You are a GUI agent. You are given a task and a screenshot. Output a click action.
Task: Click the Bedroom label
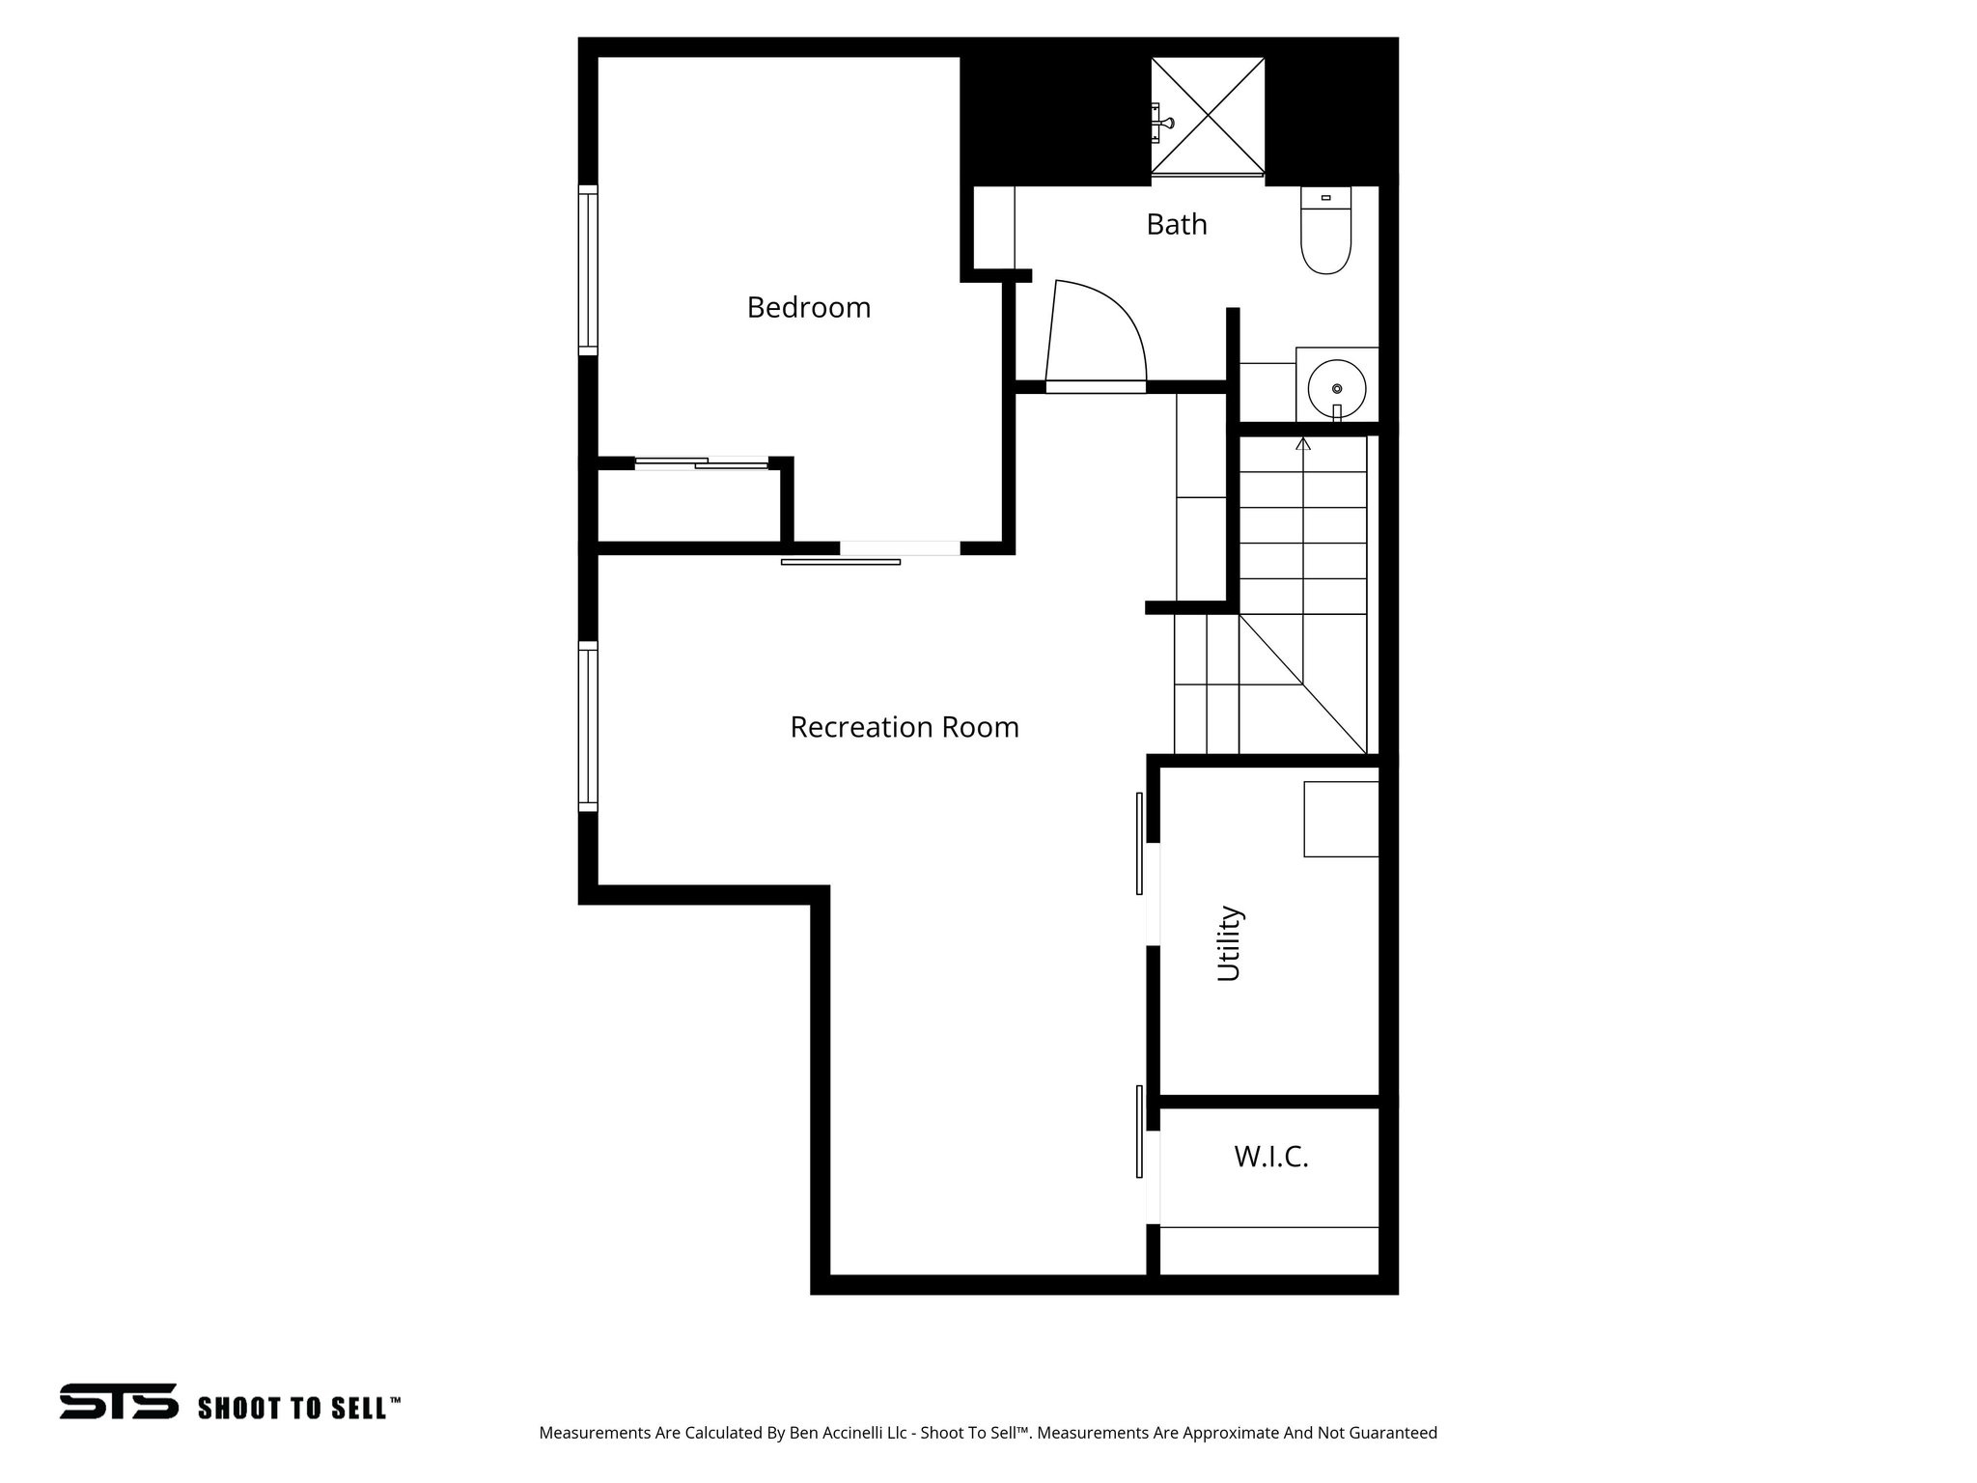point(809,308)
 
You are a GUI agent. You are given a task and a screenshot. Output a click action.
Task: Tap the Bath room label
point(1177,224)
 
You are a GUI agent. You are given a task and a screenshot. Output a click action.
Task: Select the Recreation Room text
point(905,727)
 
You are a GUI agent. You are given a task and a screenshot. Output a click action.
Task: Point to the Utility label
point(1228,943)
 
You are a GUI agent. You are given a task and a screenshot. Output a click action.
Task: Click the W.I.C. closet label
point(1270,1157)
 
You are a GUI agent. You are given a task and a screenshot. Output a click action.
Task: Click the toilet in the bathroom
point(1325,232)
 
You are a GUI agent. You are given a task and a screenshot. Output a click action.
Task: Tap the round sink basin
point(1336,388)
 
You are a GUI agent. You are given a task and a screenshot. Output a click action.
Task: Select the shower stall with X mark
point(1208,116)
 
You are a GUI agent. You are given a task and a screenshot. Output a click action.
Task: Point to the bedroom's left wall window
point(588,270)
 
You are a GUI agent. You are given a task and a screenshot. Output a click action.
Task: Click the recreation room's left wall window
point(588,726)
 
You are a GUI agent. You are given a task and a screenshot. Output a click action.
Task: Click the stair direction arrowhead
point(1303,444)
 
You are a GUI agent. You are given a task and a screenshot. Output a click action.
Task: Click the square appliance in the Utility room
point(1341,819)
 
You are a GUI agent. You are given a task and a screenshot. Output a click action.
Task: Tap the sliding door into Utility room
point(1140,843)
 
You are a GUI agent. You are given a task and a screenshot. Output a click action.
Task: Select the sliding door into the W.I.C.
point(1140,1131)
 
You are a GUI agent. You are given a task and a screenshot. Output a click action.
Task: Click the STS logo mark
point(119,1401)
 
